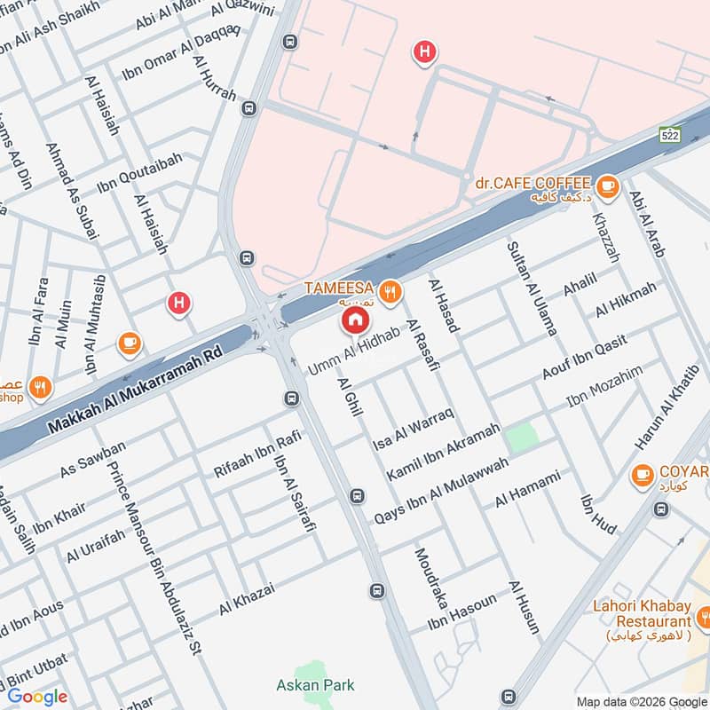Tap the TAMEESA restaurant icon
388,290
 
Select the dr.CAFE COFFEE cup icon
607,185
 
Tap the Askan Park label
315,684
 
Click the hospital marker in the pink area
425,53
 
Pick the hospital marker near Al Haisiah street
179,304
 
